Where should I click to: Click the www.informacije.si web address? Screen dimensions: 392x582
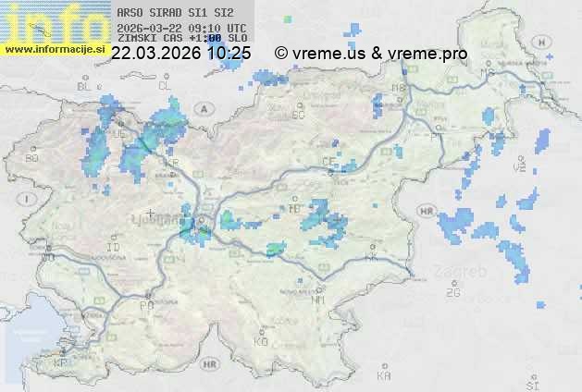55,49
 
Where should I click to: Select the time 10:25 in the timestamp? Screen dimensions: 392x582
229,54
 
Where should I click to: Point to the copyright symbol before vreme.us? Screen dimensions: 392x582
280,54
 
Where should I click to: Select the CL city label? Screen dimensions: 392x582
166,86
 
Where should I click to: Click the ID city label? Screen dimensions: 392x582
114,248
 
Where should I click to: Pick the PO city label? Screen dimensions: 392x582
145,304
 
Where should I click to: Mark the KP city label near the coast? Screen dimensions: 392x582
61,363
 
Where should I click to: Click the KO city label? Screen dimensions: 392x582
261,341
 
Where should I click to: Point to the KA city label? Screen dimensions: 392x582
384,375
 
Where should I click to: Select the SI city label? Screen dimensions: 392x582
531,383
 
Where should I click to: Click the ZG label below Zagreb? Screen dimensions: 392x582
452,292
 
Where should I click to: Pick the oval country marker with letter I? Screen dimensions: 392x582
29,199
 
